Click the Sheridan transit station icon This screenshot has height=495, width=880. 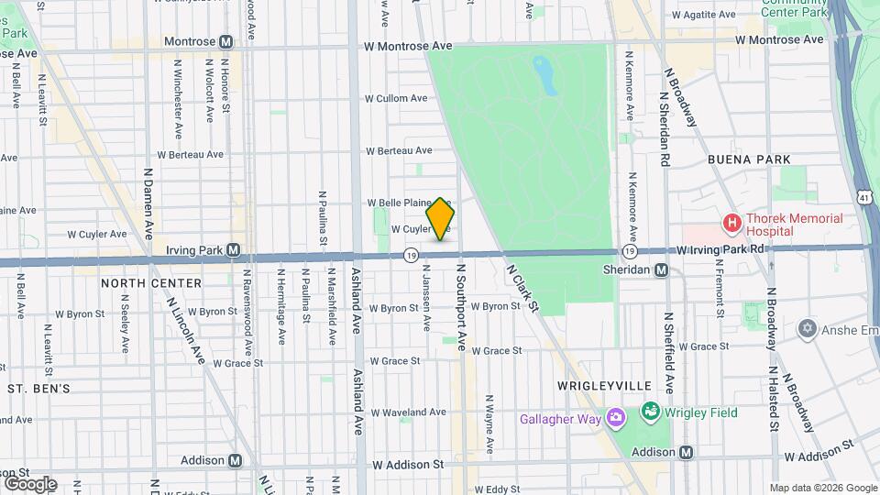click(x=661, y=269)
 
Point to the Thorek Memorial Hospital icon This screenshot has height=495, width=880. click(x=731, y=223)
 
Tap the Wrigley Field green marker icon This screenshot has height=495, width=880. click(x=650, y=412)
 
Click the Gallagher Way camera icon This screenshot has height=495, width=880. click(x=615, y=419)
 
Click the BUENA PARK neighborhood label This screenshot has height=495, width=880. click(x=749, y=159)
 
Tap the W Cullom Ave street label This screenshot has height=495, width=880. click(x=396, y=98)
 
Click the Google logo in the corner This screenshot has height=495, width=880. click(x=30, y=483)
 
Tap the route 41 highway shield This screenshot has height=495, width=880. click(x=864, y=196)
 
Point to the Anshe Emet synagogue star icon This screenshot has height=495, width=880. click(x=807, y=328)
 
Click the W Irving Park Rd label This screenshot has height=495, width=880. click(x=721, y=248)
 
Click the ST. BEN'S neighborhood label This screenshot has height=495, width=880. click(x=39, y=389)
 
